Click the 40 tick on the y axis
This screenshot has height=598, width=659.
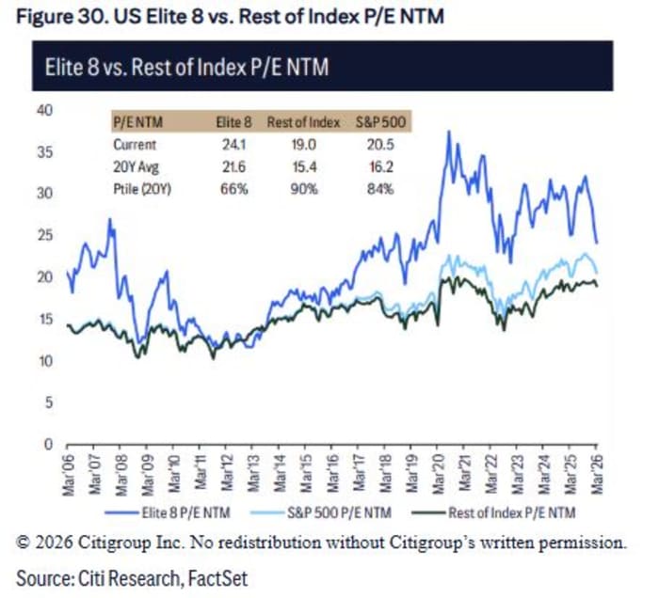click(42, 110)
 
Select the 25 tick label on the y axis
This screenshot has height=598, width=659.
click(42, 235)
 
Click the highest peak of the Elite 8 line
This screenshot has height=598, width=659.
click(449, 132)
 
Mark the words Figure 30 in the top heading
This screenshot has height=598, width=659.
click(57, 16)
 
